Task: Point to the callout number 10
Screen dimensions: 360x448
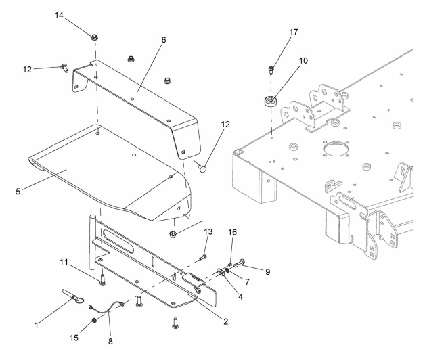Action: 303,60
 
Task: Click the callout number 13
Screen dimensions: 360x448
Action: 208,233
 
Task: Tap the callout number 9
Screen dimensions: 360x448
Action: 267,272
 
